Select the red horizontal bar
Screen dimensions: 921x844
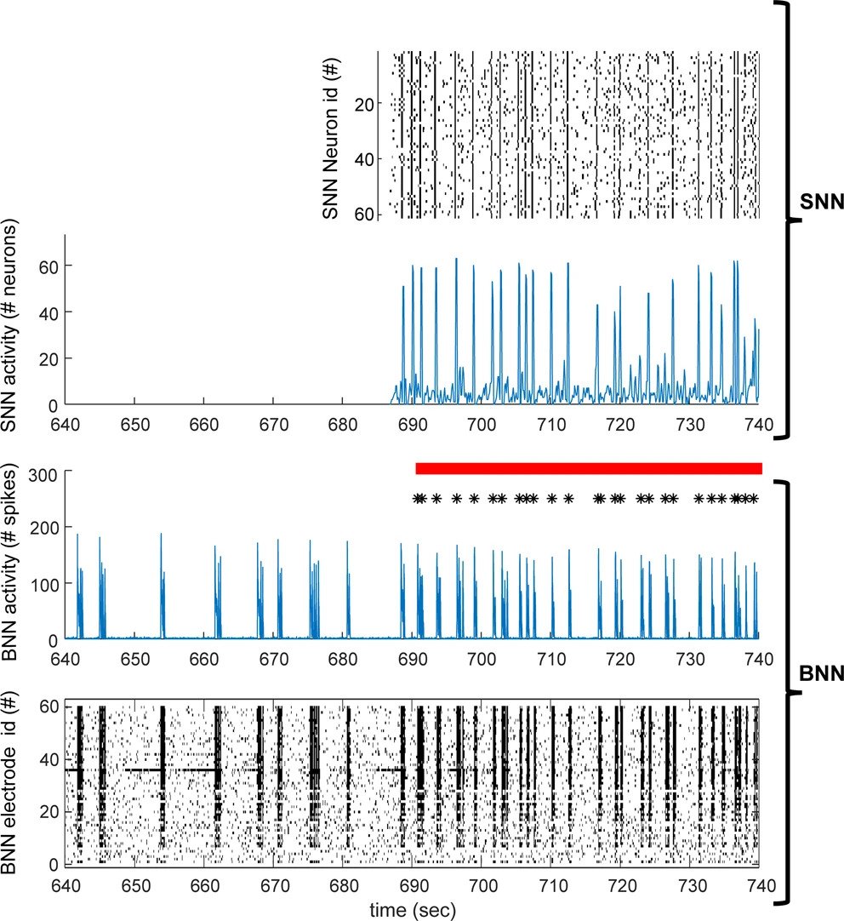[x=588, y=468]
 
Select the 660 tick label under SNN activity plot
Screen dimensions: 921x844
[x=203, y=423]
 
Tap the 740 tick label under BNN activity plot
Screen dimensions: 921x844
[x=758, y=659]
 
